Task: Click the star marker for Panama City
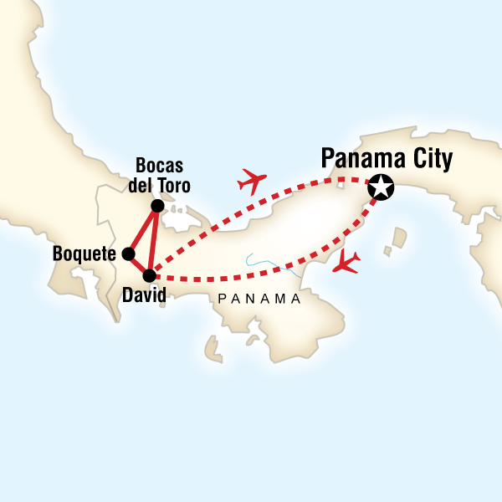click(382, 187)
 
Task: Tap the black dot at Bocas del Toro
click(157, 206)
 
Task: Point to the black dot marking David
click(150, 274)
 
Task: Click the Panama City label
click(387, 158)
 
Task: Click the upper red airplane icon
click(253, 180)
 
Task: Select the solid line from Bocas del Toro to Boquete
click(143, 229)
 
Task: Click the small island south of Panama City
click(387, 249)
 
